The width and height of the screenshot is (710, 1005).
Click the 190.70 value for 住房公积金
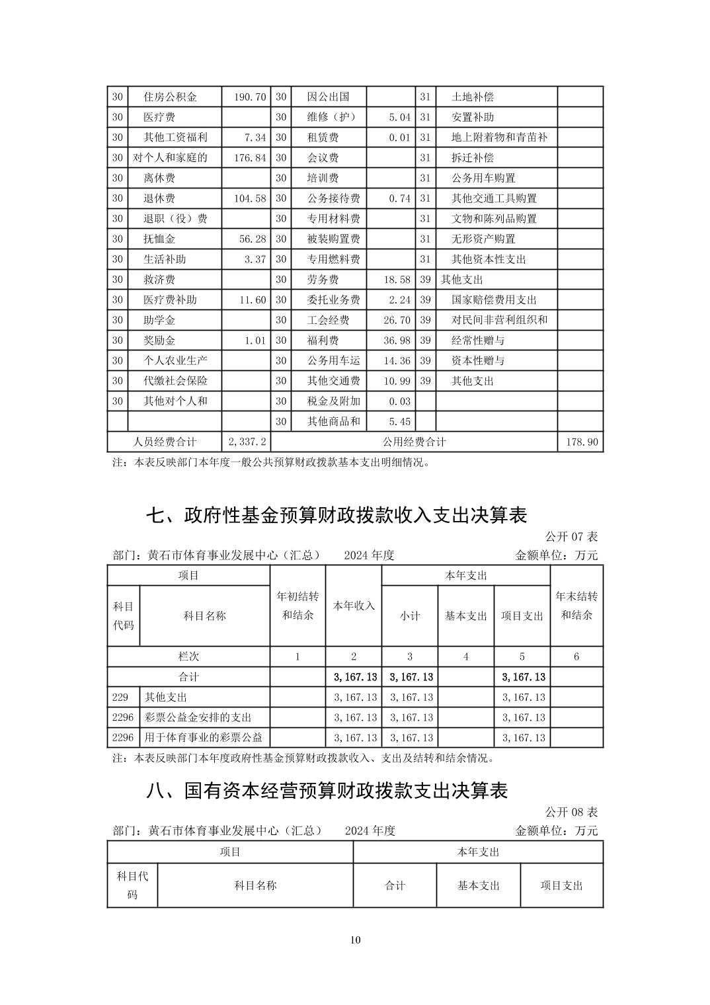click(x=250, y=97)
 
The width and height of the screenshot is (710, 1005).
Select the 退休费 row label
click(x=159, y=198)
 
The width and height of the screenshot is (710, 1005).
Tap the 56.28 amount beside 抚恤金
click(x=252, y=239)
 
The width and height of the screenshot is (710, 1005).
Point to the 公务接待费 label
click(x=333, y=198)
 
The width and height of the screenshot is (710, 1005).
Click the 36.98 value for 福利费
click(x=397, y=341)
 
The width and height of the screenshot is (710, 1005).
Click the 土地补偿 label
click(x=472, y=97)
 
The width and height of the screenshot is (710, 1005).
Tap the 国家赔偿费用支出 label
click(x=494, y=300)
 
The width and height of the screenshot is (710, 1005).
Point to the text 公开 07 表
click(x=571, y=536)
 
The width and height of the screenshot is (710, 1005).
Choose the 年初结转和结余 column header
click(x=297, y=606)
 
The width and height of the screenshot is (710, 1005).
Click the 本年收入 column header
click(x=354, y=606)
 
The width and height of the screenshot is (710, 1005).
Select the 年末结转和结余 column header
click(x=576, y=606)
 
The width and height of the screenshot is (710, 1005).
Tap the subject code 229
click(x=120, y=698)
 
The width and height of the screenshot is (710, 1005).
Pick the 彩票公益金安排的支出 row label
click(x=198, y=717)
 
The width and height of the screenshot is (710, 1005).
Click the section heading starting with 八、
click(x=327, y=791)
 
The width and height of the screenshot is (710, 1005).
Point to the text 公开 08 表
click(x=571, y=811)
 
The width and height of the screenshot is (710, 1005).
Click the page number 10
click(x=356, y=940)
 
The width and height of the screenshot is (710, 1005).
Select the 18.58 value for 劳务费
click(x=397, y=280)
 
